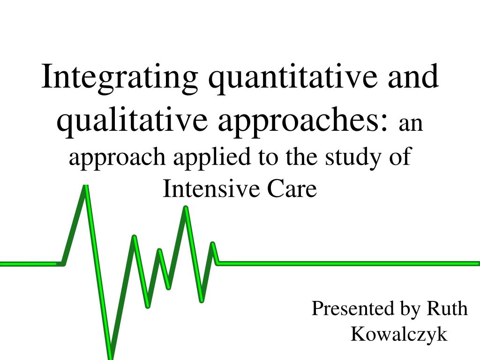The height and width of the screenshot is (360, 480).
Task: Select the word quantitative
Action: pyautogui.click(x=293, y=78)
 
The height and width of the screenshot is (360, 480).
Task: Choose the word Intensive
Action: pyautogui.click(x=212, y=188)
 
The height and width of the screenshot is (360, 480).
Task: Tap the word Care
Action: pyautogui.click(x=292, y=188)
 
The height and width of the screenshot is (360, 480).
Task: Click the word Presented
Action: pyautogui.click(x=352, y=308)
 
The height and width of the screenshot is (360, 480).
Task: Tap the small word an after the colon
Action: pyautogui.click(x=411, y=123)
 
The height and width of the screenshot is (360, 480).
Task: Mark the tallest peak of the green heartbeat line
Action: pyautogui.click(x=86, y=186)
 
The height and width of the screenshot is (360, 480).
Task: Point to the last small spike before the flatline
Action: pyautogui.click(x=213, y=244)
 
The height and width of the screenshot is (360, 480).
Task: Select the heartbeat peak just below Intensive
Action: pyautogui.click(x=186, y=208)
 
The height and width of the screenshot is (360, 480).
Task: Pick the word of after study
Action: pyautogui.click(x=400, y=156)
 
